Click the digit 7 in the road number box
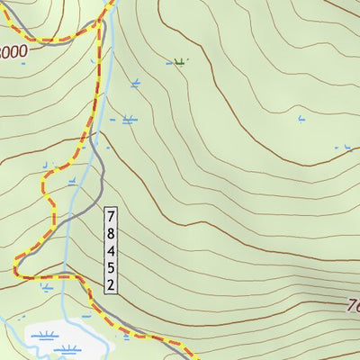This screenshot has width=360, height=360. (x=111, y=217)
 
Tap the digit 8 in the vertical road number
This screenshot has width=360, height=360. (x=111, y=234)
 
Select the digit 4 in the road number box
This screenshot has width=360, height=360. (x=111, y=251)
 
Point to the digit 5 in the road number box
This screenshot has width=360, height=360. (x=111, y=268)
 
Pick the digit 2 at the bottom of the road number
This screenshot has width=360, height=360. (x=111, y=285)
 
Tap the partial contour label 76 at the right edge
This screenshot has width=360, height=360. (x=352, y=306)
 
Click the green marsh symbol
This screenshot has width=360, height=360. (x=179, y=62)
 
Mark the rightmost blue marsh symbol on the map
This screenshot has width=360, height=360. (x=343, y=147)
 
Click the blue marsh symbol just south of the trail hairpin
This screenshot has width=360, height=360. (x=45, y=288)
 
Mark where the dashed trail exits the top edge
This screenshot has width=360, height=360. (x=112, y=2)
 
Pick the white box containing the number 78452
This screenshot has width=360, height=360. (x=111, y=251)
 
